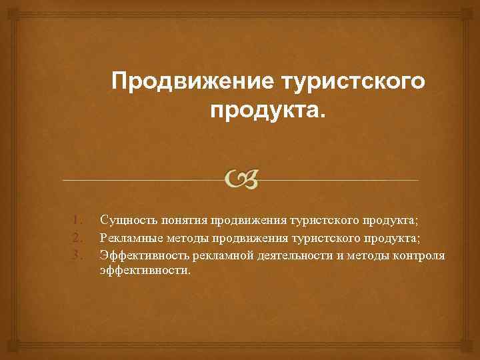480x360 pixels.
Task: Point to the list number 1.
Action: click(77, 219)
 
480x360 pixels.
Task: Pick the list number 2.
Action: click(77, 237)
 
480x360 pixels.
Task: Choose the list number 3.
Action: click(77, 254)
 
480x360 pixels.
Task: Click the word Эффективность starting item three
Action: click(139, 254)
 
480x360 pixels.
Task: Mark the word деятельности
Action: click(282, 254)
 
